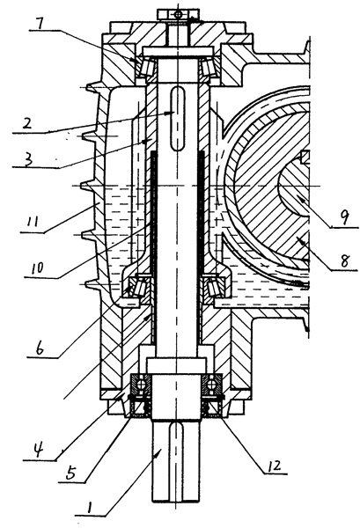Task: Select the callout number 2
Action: tap(27, 123)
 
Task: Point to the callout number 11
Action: tap(32, 222)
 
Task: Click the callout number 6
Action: tap(40, 348)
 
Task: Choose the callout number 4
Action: tap(38, 450)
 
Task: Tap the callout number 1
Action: tap(89, 506)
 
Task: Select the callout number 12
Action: tap(274, 465)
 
